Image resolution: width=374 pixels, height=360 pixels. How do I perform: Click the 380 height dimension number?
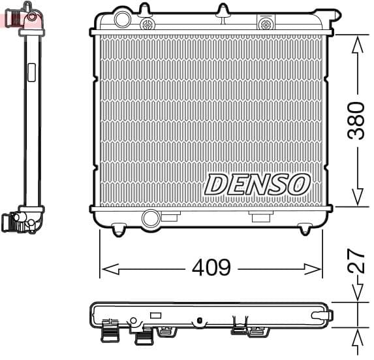356,120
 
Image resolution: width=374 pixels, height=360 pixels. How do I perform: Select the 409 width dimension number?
211,268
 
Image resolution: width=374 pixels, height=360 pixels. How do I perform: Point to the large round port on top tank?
122,20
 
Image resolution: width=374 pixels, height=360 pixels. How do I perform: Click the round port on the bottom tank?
151,218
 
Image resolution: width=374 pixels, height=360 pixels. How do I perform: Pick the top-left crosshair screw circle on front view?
148,24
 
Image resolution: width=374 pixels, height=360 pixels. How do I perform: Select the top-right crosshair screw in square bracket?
266,24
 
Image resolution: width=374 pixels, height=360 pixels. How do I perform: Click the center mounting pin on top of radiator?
223,11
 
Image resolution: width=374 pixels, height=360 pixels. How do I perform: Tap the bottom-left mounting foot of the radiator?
118,229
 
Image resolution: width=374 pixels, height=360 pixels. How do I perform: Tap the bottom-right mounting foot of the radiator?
305,229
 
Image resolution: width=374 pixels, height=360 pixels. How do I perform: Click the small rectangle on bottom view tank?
155,315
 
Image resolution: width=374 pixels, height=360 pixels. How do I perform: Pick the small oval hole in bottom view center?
198,320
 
